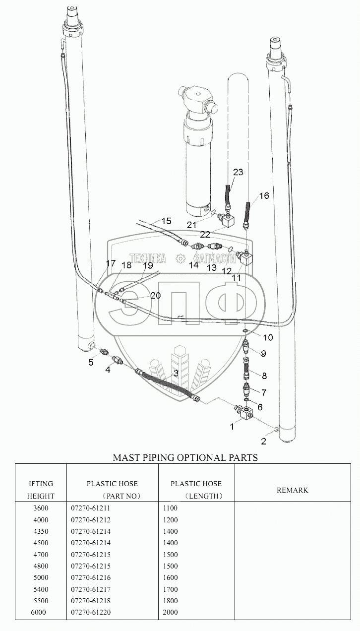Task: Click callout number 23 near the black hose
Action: (x=238, y=172)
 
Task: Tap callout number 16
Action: (x=264, y=196)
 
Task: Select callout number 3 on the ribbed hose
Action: (x=175, y=373)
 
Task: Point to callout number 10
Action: (x=268, y=338)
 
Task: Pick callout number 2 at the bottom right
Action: (x=264, y=441)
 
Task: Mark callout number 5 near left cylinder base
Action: (x=91, y=362)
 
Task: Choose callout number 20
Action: (x=155, y=296)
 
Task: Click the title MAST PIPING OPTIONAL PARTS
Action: (x=185, y=457)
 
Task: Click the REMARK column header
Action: (x=292, y=490)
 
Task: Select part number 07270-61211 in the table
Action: (x=91, y=508)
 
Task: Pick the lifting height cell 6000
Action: (x=38, y=612)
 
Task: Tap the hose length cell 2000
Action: (x=170, y=612)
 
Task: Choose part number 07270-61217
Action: (x=91, y=589)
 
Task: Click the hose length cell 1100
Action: (x=170, y=508)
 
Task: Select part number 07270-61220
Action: (x=91, y=612)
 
